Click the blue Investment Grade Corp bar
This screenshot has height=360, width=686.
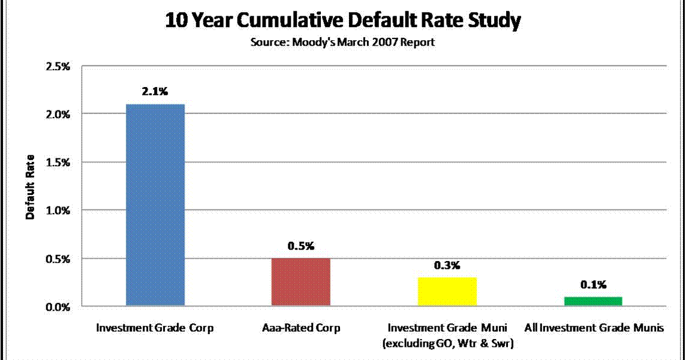click(155, 205)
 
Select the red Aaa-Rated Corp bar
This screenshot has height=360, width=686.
click(300, 282)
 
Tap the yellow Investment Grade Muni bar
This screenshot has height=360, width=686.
click(447, 292)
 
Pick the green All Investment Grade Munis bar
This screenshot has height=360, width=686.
click(592, 301)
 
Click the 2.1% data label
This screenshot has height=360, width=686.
click(155, 92)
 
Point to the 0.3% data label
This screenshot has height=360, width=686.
click(447, 265)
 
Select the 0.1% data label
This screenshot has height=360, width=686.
click(592, 284)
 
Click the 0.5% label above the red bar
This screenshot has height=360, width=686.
click(300, 246)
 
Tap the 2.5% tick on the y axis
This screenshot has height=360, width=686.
click(58, 65)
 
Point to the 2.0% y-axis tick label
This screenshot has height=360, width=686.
click(58, 114)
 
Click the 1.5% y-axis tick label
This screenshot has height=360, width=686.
click(58, 162)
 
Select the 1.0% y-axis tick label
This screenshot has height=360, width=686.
click(58, 211)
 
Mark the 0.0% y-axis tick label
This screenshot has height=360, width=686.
click(58, 307)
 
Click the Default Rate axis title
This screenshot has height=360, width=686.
click(30, 187)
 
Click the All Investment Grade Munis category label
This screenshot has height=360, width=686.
click(594, 328)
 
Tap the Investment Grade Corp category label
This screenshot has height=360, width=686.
click(155, 328)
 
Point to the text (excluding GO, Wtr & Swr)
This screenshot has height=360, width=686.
click(447, 342)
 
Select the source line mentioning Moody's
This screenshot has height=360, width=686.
click(343, 43)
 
